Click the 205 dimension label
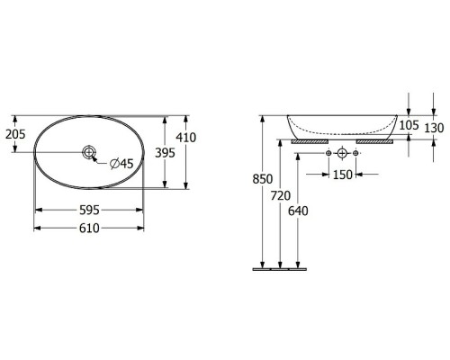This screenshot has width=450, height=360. click(15, 134)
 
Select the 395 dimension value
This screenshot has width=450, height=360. click(165, 153)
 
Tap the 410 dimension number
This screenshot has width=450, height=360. click(186, 138)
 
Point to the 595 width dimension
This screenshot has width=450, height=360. click(89, 210)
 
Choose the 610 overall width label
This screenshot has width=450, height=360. click(89, 229)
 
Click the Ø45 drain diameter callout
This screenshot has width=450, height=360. click(121, 164)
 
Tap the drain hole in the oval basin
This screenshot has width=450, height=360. click(89, 152)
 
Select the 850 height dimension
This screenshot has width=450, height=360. click(263, 179)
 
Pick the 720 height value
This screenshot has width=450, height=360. click(281, 196)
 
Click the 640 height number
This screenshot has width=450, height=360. click(298, 211)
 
